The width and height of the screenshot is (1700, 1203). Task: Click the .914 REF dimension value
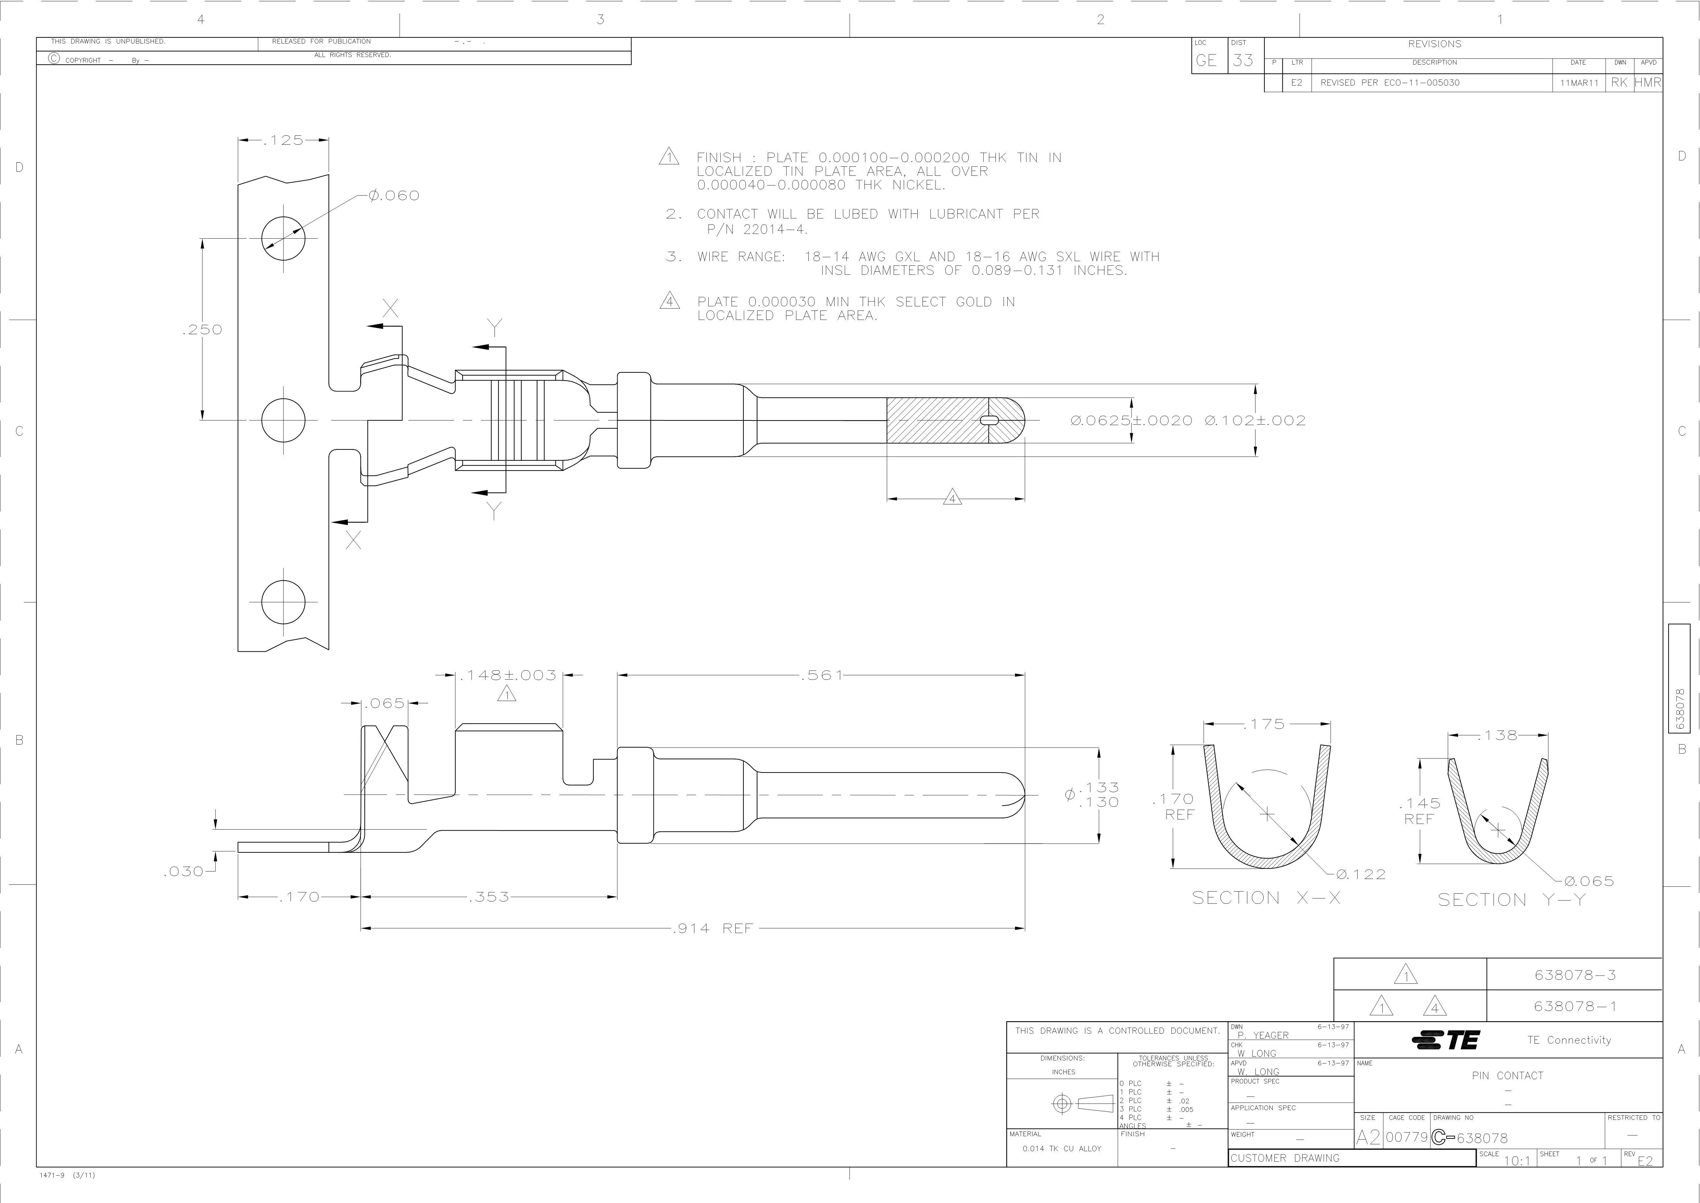[x=712, y=928]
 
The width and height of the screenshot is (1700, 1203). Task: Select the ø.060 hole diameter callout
[x=394, y=195]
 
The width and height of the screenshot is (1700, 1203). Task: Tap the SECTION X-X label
[x=1266, y=898]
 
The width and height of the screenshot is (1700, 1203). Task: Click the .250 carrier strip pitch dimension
[x=202, y=330]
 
